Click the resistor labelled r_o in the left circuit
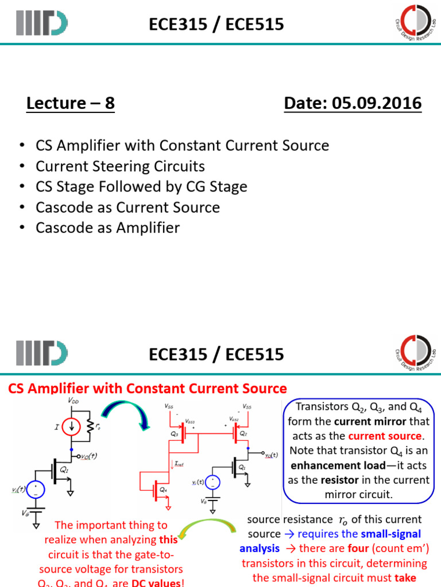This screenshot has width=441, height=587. point(90,427)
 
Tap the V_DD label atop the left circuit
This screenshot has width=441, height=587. point(74,400)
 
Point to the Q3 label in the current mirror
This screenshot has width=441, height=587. point(175,434)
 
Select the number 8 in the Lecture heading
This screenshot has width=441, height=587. point(109,104)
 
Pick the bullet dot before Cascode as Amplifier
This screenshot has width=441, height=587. point(22,228)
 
